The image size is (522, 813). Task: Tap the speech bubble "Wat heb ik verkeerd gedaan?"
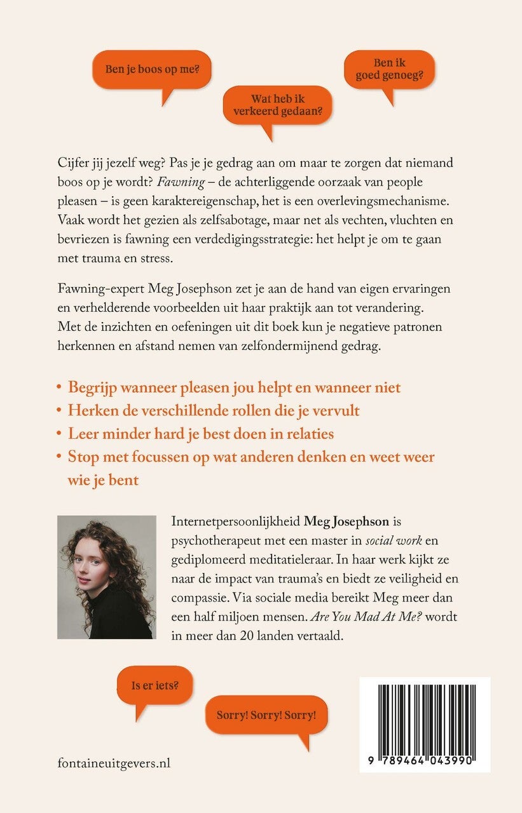(x=277, y=105)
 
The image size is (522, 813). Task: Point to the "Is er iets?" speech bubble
(x=155, y=685)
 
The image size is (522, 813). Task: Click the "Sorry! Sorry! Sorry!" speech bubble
(x=266, y=715)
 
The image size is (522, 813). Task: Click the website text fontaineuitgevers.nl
(x=114, y=763)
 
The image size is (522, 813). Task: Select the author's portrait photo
(x=106, y=577)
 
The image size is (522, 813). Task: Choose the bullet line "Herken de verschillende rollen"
(x=213, y=410)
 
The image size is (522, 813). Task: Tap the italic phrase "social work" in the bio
(x=375, y=540)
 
